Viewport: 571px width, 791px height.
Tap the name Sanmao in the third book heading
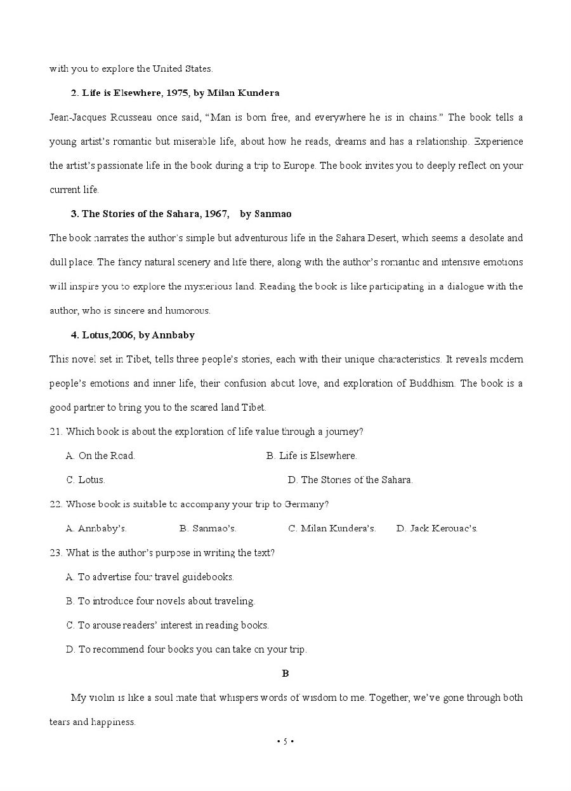273,214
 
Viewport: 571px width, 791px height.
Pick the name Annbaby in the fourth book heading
173,335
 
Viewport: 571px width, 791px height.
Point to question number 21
56,432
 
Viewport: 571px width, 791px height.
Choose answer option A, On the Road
100,456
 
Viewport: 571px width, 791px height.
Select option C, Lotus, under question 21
86,480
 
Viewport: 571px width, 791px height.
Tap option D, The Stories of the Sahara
350,480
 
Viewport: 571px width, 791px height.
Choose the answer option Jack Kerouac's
437,529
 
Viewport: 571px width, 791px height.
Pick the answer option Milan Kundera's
332,529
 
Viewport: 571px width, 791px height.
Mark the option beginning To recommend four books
186,649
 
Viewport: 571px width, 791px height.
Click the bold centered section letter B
285,674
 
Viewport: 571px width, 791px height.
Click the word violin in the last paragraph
102,698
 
